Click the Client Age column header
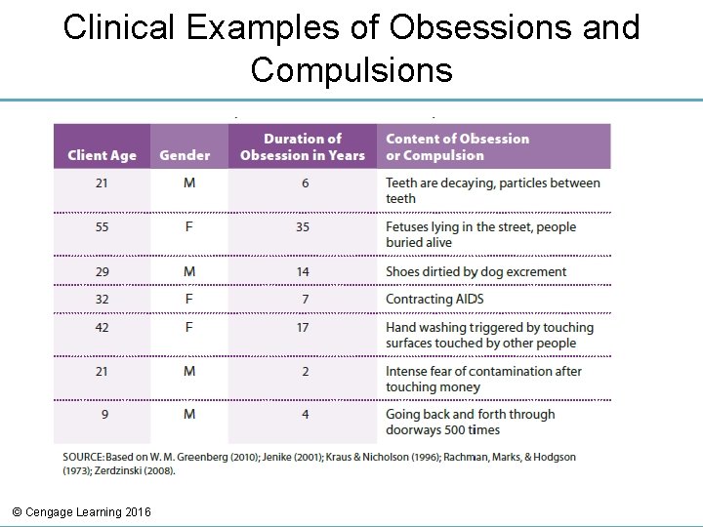(x=102, y=155)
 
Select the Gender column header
(x=185, y=155)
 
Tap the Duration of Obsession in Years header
(x=303, y=146)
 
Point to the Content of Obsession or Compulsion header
(x=457, y=146)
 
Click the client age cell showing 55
(x=102, y=226)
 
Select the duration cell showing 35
(x=303, y=226)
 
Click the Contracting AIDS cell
(x=434, y=299)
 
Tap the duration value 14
(x=303, y=271)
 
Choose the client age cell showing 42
(x=102, y=327)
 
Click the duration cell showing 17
(x=303, y=327)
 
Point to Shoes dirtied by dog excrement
(x=476, y=271)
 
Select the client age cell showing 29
(x=102, y=271)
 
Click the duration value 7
(x=305, y=299)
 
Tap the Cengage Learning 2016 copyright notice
(x=82, y=511)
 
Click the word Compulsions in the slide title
(x=351, y=70)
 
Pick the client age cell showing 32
(x=102, y=299)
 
